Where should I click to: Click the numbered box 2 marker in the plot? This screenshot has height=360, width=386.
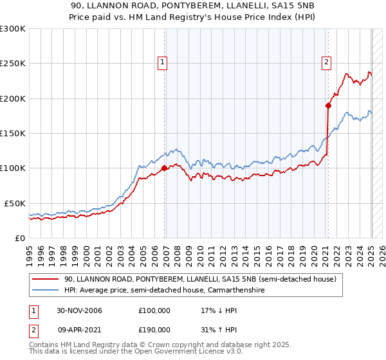click(x=327, y=62)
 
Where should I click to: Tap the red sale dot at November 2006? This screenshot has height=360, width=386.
click(x=165, y=168)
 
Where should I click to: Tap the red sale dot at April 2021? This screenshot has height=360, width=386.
click(x=328, y=106)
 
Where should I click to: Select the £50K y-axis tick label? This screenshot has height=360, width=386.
click(x=15, y=203)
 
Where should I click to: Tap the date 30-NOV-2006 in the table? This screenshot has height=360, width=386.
click(x=79, y=311)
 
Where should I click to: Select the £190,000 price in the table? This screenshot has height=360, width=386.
click(x=154, y=330)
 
